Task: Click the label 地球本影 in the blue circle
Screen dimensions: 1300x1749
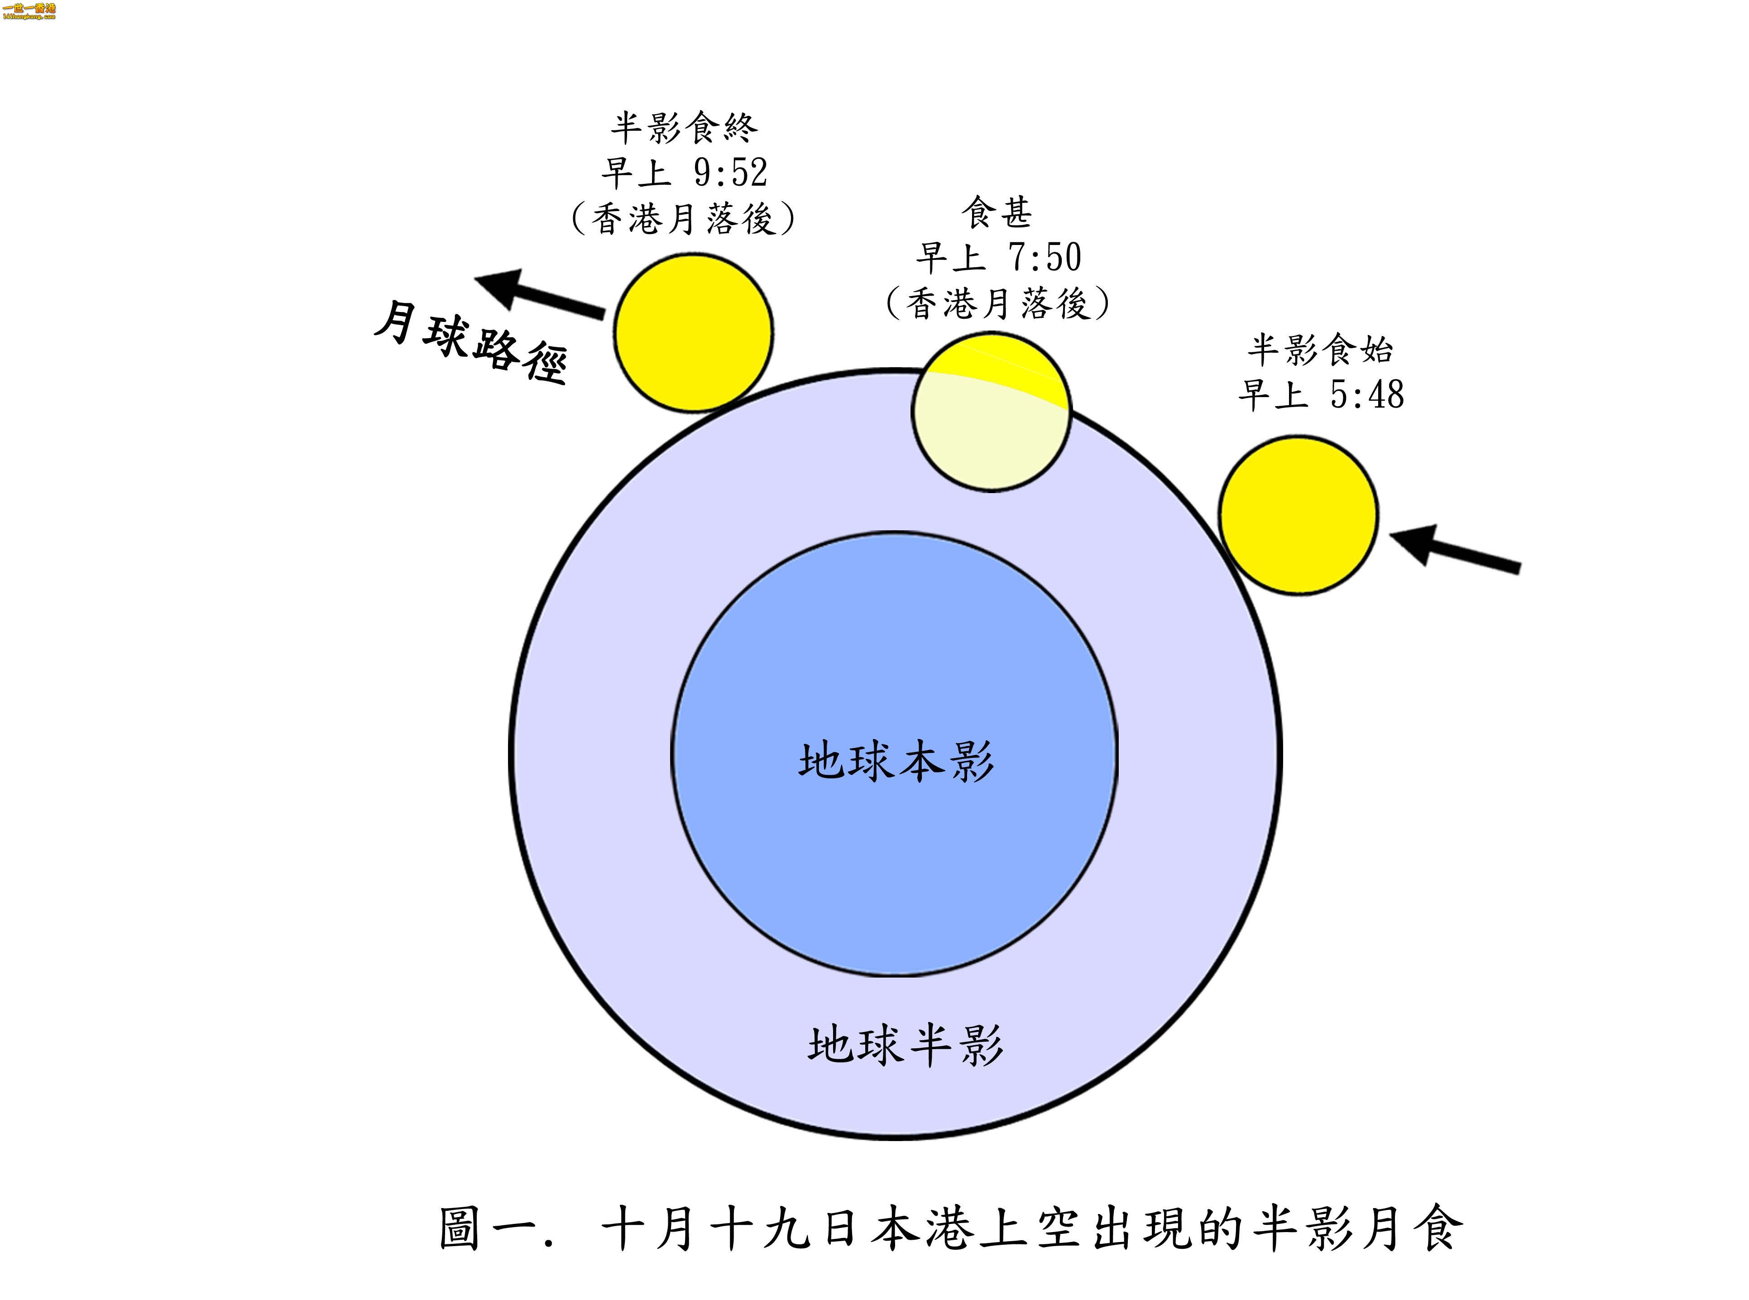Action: pyautogui.click(x=896, y=761)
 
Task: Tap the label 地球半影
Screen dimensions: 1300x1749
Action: pyautogui.click(x=905, y=1045)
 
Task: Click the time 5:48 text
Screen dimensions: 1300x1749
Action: pyautogui.click(x=1366, y=394)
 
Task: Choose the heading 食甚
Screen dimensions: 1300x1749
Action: pyautogui.click(x=996, y=212)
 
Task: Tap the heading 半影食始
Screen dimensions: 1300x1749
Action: pyautogui.click(x=1319, y=350)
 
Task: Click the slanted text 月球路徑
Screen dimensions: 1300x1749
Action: pyautogui.click(x=470, y=344)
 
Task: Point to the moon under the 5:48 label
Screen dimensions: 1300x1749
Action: pyautogui.click(x=1298, y=515)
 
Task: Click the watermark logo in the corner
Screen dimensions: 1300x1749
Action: pyautogui.click(x=29, y=11)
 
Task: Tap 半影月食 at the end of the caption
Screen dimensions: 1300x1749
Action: pyautogui.click(x=1357, y=1228)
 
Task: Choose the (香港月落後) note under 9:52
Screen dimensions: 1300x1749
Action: pyautogui.click(x=683, y=218)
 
